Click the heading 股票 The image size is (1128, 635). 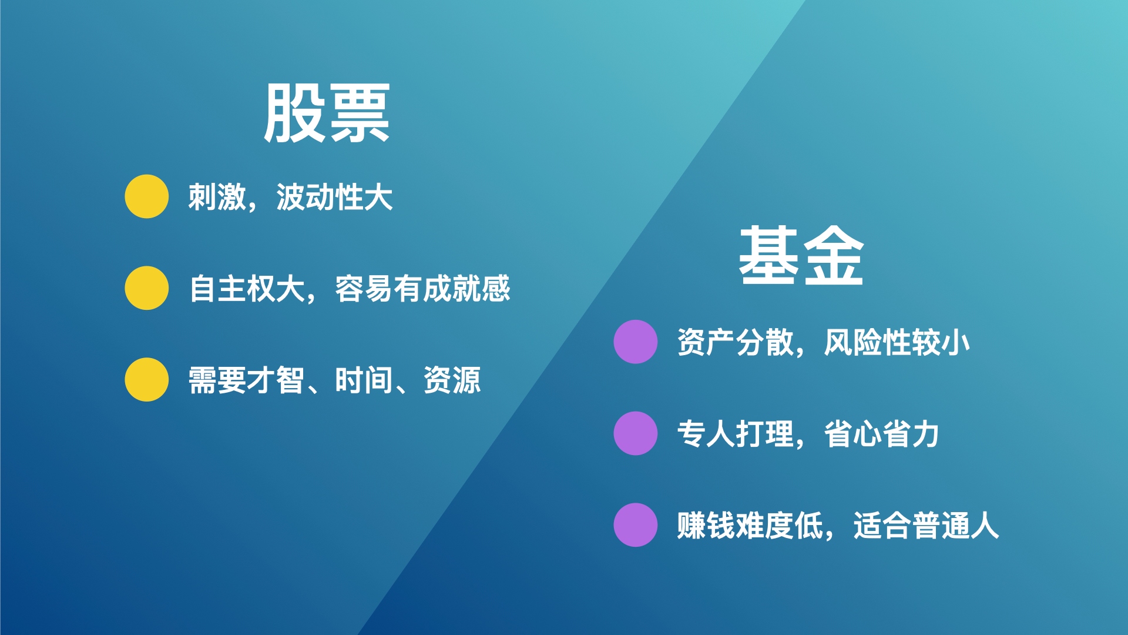pos(327,112)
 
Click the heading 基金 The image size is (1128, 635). pos(801,256)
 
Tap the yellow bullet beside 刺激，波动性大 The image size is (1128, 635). pos(147,196)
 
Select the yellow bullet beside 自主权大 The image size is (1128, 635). pos(147,288)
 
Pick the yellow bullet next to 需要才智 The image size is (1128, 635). pos(147,380)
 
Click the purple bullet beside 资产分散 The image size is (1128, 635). pos(636,342)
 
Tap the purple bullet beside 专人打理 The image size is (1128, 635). pos(636,433)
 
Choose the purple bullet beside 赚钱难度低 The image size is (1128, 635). pos(636,525)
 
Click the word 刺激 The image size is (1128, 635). pos(217,197)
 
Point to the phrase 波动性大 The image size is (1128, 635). pos(334,197)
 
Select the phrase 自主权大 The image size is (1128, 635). pos(247,289)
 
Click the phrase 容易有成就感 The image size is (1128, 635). pos(422,289)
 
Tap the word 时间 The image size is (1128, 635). pos(364,380)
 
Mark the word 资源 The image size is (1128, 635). pos(452,380)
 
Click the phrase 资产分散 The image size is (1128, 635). pos(735,342)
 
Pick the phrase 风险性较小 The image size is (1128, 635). pos(897,342)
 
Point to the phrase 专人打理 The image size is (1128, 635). pos(735,434)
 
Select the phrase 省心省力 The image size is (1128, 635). pos(882,434)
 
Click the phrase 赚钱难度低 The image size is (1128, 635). pos(750,526)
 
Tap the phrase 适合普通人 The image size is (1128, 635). pos(926,526)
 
